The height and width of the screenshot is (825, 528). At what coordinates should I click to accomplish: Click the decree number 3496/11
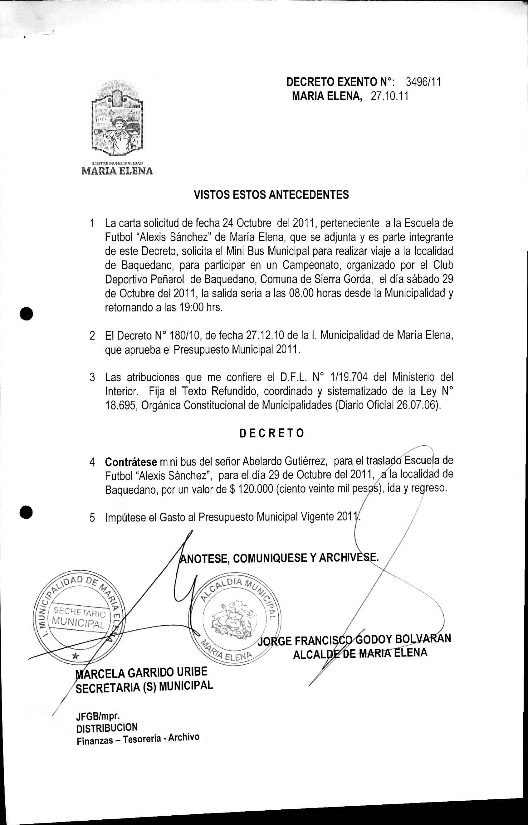coord(423,82)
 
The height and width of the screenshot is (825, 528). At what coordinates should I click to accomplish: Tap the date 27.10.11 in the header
coord(389,96)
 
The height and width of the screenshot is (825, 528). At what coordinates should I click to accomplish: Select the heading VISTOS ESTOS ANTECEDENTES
coord(271,195)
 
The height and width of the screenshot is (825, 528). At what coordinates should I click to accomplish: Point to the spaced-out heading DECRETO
coord(271,433)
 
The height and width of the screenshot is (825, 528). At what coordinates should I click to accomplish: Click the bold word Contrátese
coord(131,462)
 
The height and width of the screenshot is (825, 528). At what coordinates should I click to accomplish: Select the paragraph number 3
coord(92,377)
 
